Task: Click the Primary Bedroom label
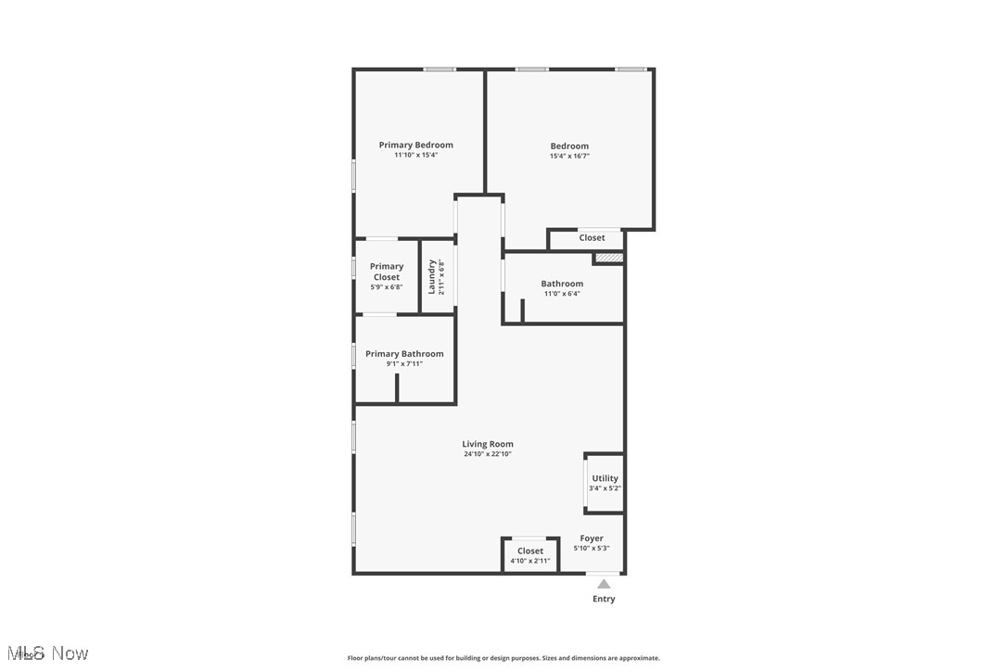[x=415, y=145]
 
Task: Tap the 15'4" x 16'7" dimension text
[x=569, y=157]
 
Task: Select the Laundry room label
[x=432, y=276]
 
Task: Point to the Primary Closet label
[x=387, y=272]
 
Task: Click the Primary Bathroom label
[x=404, y=353]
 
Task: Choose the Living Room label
[x=488, y=444]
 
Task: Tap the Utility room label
[x=605, y=478]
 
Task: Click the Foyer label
[x=592, y=538]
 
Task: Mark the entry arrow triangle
[x=604, y=584]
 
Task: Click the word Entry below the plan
[x=604, y=599]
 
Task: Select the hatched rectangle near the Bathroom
[x=608, y=258]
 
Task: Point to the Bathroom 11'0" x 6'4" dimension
[x=562, y=294]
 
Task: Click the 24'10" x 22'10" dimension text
[x=488, y=454]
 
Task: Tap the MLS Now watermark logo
[x=45, y=653]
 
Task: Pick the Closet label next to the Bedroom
[x=592, y=238]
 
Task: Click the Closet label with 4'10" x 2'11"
[x=530, y=551]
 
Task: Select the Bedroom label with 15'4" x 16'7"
[x=569, y=146]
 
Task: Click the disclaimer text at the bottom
[x=503, y=658]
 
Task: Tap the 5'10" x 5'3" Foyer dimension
[x=592, y=548]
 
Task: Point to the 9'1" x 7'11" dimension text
[x=404, y=363]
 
